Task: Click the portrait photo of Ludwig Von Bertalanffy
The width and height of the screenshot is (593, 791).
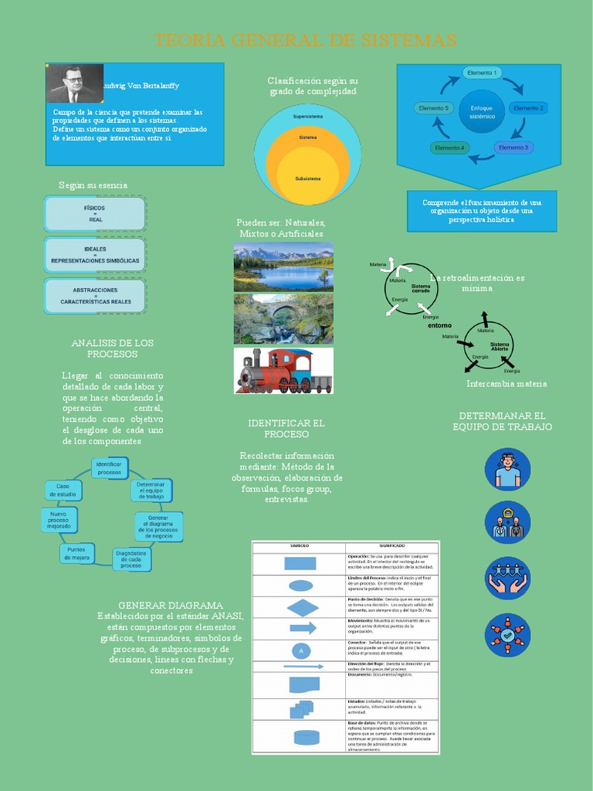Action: pos(75,83)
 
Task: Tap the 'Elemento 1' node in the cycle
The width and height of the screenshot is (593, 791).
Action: pos(481,73)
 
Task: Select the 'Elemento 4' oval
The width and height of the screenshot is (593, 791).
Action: pos(450,148)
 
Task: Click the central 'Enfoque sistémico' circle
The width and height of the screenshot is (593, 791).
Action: pos(482,111)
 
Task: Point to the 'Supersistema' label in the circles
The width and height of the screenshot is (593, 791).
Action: pos(308,117)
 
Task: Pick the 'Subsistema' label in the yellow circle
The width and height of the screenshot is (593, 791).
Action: pos(307,178)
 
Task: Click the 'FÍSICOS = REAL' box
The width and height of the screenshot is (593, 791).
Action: pos(95,214)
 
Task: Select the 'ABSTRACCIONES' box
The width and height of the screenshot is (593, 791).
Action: pos(95,296)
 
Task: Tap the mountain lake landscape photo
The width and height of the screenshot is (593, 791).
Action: pos(283,266)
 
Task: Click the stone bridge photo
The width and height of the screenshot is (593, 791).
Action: pos(283,318)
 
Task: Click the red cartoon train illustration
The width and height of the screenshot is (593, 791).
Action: pos(283,371)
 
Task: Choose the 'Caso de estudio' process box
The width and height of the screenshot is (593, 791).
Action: pos(63,489)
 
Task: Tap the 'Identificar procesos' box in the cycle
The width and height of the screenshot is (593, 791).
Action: pos(109,467)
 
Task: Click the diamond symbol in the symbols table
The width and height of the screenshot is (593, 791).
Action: pos(302,606)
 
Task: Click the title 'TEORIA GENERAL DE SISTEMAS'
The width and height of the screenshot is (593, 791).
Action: pos(305,40)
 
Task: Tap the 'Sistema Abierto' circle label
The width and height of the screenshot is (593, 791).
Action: pos(500,346)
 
